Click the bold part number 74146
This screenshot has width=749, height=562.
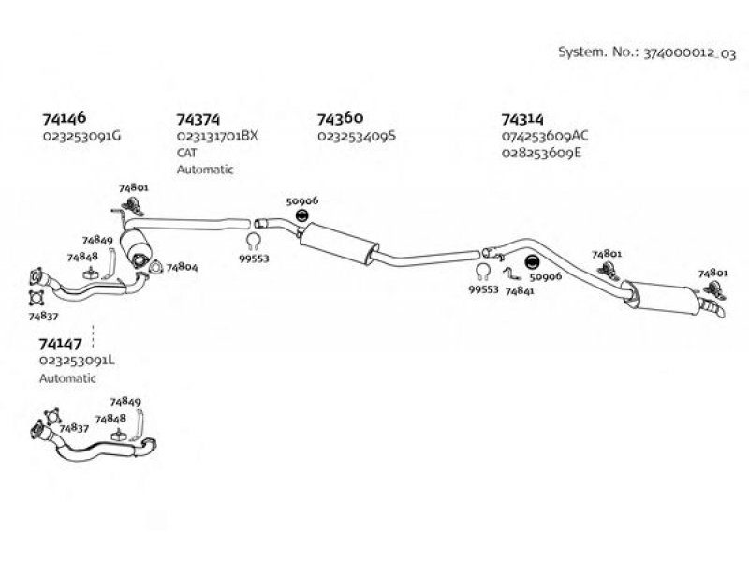pyautogui.click(x=65, y=118)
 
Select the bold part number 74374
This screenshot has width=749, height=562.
pyautogui.click(x=198, y=119)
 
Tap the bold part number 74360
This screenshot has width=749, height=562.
pyautogui.click(x=340, y=118)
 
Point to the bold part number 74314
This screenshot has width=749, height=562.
pyautogui.click(x=522, y=119)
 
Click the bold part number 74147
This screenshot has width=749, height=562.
pyautogui.click(x=60, y=343)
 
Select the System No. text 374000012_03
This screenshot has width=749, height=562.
pyautogui.click(x=690, y=53)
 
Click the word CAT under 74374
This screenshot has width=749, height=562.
pyautogui.click(x=186, y=153)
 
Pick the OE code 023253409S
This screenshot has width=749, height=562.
pyautogui.click(x=357, y=136)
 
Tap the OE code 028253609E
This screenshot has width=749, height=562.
pyautogui.click(x=542, y=153)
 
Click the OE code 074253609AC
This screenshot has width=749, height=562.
pyautogui.click(x=545, y=136)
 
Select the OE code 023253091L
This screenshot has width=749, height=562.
pyautogui.click(x=77, y=361)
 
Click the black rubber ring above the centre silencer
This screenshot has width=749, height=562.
pyautogui.click(x=301, y=216)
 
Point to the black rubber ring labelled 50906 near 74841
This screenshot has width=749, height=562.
pyautogui.click(x=531, y=262)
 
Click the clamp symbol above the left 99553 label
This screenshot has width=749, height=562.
pyautogui.click(x=254, y=242)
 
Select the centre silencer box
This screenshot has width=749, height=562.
pyautogui.click(x=338, y=244)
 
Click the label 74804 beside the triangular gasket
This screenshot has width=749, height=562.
pyautogui.click(x=182, y=267)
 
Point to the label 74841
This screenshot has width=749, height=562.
pyautogui.click(x=520, y=290)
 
